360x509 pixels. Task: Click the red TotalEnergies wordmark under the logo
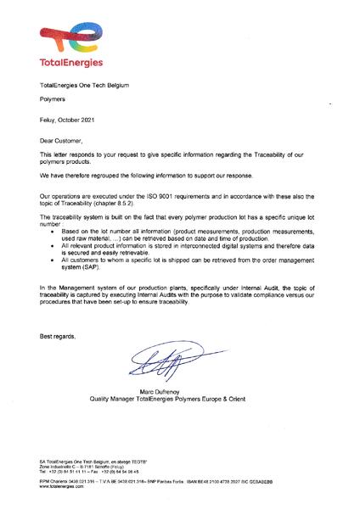pyautogui.click(x=71, y=63)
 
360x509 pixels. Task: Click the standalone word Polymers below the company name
pyautogui.click(x=53, y=101)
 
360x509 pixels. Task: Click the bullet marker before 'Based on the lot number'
pyautogui.click(x=54, y=232)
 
